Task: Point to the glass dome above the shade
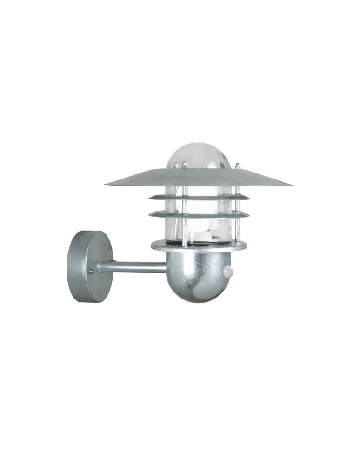pyautogui.click(x=199, y=156)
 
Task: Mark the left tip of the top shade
pyautogui.click(x=107, y=184)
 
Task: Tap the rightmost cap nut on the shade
pyautogui.click(x=238, y=166)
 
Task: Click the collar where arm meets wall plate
pyautogui.click(x=98, y=267)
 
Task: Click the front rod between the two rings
pyautogui.click(x=185, y=206)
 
